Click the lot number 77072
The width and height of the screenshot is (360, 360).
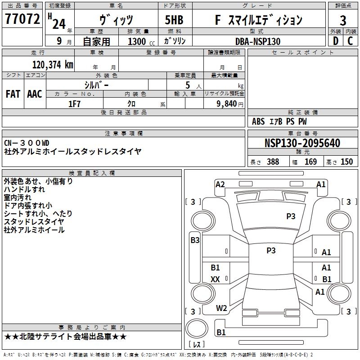22,19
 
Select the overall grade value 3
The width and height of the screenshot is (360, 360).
343,21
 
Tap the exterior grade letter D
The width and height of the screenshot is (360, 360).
336,41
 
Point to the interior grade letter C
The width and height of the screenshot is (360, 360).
350,41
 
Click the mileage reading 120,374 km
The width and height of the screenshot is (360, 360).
53,65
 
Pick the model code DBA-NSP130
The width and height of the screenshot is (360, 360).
258,41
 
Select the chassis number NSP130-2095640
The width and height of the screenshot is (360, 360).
302,143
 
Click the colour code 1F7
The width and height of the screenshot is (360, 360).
74,104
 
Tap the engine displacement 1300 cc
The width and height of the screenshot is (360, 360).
141,41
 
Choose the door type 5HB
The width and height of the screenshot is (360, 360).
174,20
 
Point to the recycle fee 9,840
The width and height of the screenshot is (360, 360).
227,104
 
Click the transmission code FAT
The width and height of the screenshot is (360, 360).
13,94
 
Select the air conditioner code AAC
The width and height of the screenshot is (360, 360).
35,94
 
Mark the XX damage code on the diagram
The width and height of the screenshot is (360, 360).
215,279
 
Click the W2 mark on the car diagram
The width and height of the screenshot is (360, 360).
221,308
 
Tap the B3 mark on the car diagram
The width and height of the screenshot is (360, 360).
195,240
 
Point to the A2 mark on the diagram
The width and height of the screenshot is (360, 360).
220,184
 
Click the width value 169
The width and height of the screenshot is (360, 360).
310,162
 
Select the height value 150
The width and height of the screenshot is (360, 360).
346,162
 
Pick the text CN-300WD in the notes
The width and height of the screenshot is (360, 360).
27,143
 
